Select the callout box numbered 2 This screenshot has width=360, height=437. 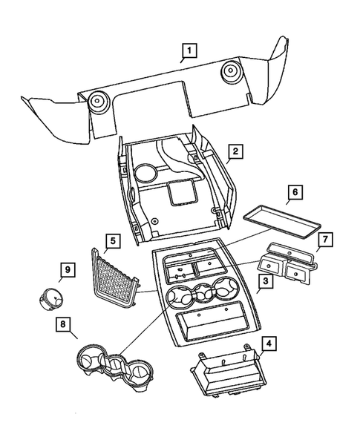point(234,153)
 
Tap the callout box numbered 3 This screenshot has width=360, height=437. point(264,283)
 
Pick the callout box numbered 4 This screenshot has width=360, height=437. point(269,344)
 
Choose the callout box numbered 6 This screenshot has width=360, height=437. point(293,193)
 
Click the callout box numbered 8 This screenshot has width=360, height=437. point(64,324)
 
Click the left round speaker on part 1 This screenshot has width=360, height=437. point(96,102)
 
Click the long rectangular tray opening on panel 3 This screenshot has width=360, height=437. point(213,323)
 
